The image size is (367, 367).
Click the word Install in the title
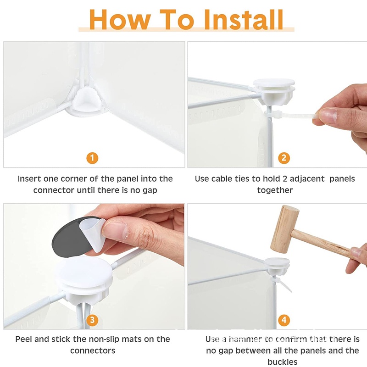pos(244,20)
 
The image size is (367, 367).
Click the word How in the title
pos(120,20)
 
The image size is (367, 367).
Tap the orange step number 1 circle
pos(92,158)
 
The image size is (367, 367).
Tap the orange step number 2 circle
pos(284,158)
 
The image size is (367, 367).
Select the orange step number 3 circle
pos(92,320)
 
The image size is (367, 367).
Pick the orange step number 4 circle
pos(284,320)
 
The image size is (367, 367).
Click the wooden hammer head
pos(284,229)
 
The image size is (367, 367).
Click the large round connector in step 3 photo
pos(84,278)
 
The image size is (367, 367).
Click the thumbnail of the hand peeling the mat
pos(115,231)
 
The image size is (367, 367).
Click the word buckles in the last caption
pos(283,362)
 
